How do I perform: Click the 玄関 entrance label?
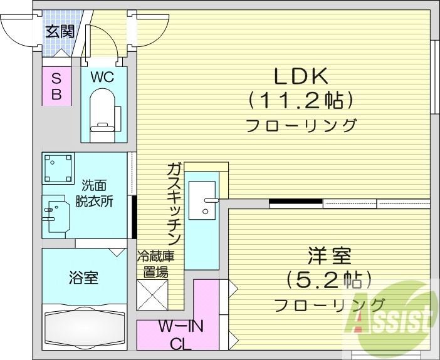coord(60,31)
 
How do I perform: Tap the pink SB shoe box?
coord(56,86)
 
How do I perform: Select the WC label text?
coord(102,78)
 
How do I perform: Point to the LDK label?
coord(301,76)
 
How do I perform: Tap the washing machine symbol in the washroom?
coord(59,168)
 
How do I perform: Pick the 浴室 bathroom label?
coord(83,277)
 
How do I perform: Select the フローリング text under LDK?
coord(301,125)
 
